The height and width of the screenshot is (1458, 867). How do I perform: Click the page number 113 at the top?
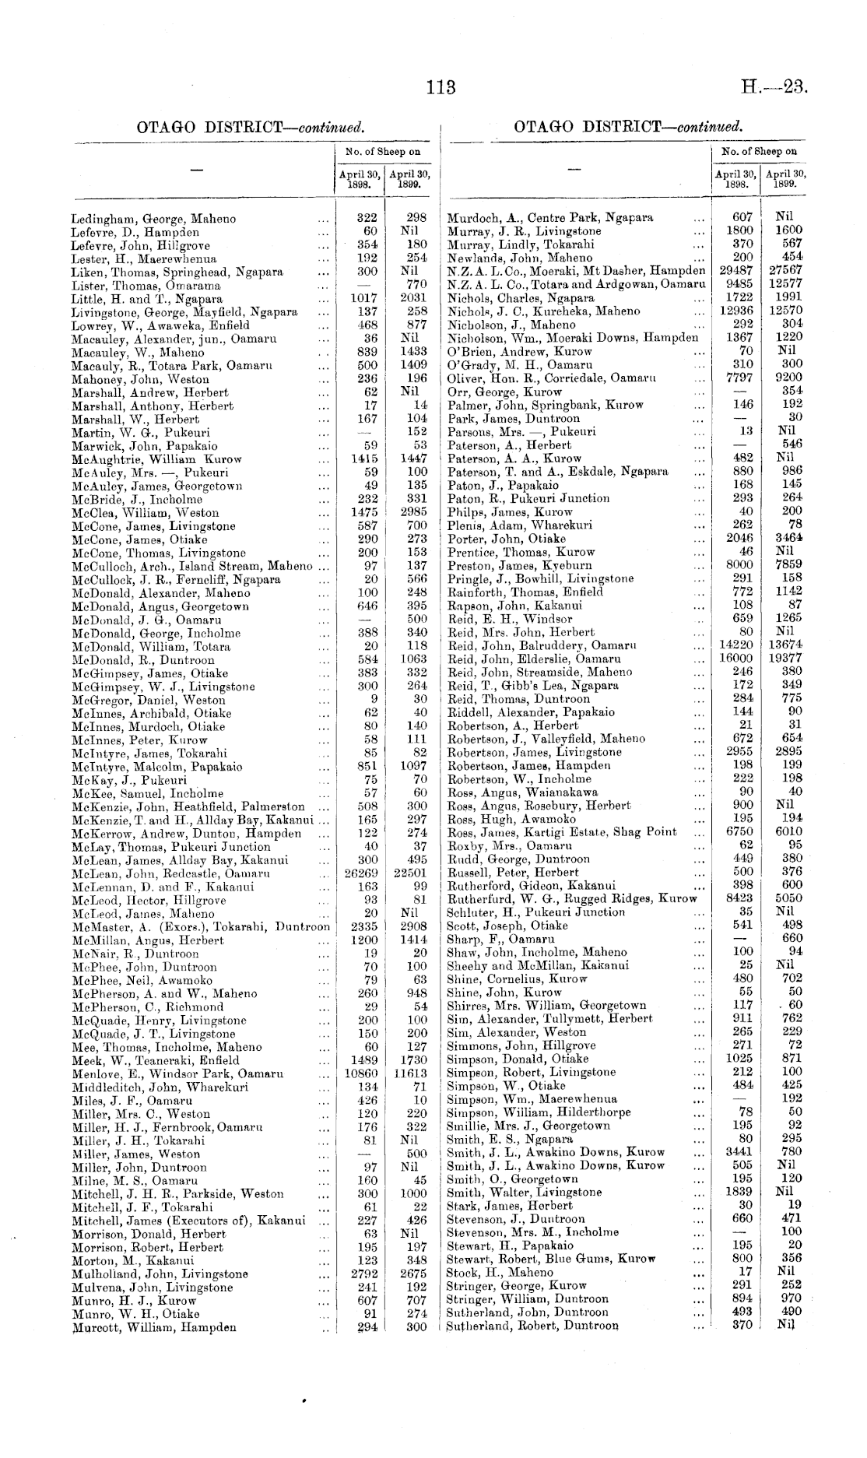[x=441, y=87]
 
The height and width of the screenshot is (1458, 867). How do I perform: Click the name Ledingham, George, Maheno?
[x=153, y=219]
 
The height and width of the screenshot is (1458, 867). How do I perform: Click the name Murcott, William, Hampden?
[x=153, y=1328]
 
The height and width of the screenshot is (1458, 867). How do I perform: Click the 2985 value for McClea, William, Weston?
[x=413, y=512]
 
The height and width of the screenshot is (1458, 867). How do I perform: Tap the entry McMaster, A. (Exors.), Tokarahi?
[x=200, y=926]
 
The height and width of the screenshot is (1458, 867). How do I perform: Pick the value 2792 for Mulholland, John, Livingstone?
[x=364, y=1274]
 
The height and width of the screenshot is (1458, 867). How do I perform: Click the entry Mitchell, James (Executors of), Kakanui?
[x=188, y=1220]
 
